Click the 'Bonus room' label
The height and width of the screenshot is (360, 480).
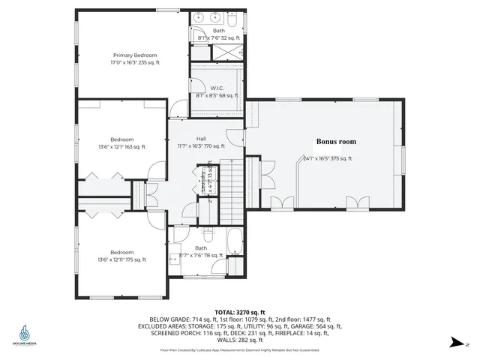click(x=335, y=141)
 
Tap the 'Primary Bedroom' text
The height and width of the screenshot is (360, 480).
click(x=135, y=55)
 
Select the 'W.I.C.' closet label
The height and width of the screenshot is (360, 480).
click(x=216, y=88)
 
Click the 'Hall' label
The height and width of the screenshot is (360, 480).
click(x=201, y=139)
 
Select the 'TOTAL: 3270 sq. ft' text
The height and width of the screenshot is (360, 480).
click(x=239, y=311)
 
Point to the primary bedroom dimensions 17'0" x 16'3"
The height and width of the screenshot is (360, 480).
click(x=135, y=64)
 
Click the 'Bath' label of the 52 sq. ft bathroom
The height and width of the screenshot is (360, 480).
click(x=218, y=30)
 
